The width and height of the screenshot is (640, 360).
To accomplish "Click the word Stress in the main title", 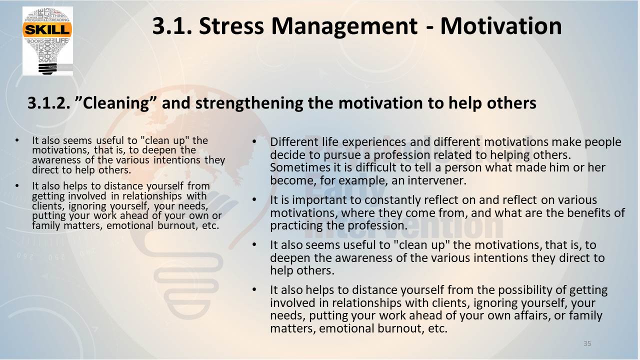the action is click(231, 26).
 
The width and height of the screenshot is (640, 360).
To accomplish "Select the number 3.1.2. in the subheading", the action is click(48, 103).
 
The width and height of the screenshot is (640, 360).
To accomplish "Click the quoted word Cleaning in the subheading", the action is click(115, 103).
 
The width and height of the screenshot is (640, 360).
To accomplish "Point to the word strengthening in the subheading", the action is click(249, 103).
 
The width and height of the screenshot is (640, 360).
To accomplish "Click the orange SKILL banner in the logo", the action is click(47, 29).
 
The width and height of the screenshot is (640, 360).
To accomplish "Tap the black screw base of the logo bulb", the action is click(47, 69).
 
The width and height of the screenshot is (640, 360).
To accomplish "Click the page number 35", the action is click(587, 343).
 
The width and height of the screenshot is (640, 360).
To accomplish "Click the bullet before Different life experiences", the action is click(254, 141).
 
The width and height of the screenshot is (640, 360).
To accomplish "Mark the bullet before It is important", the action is click(254, 199).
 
